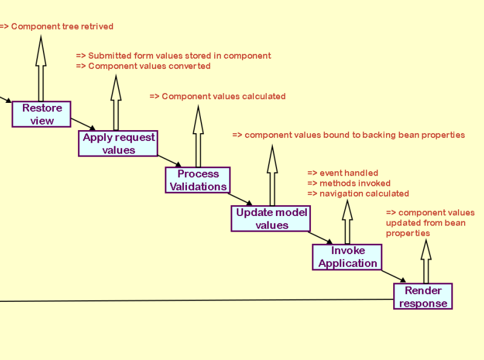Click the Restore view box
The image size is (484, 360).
tap(42, 114)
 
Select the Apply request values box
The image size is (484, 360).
tap(118, 143)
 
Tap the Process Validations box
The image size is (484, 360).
tap(198, 180)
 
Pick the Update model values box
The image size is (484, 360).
tap(271, 218)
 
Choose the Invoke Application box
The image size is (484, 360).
tap(347, 257)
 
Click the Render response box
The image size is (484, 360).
tap(423, 297)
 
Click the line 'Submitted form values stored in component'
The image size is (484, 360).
tap(174, 56)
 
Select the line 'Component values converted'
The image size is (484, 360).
tap(143, 66)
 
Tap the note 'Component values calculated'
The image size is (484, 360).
tap(218, 96)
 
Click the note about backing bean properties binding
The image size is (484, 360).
tap(348, 135)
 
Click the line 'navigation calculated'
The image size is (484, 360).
tap(358, 194)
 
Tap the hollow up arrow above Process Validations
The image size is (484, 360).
tap(198, 136)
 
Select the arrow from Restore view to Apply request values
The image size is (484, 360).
tap(83, 124)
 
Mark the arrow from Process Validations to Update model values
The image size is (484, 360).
tap(240, 199)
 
